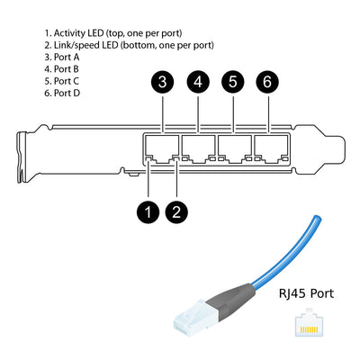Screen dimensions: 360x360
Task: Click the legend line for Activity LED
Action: pyautogui.click(x=118, y=31)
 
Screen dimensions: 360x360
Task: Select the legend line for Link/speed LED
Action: pyautogui.click(x=129, y=44)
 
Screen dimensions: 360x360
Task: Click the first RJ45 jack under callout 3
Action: pyautogui.click(x=162, y=147)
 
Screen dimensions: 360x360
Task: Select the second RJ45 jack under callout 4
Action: pyautogui.click(x=198, y=147)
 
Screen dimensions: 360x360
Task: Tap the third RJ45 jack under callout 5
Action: pyautogui.click(x=233, y=147)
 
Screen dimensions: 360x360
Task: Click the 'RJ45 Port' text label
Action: pyautogui.click(x=304, y=292)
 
